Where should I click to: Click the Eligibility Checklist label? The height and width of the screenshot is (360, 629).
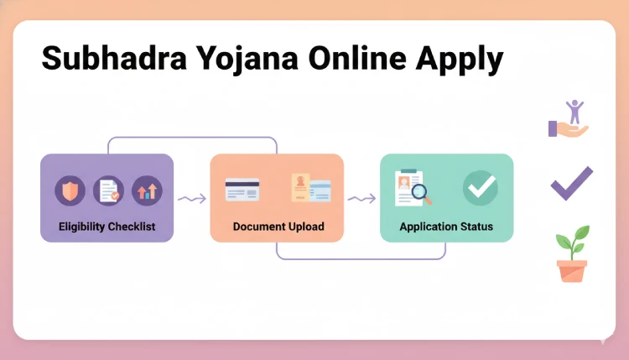[107, 227]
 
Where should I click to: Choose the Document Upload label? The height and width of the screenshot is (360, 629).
[278, 227]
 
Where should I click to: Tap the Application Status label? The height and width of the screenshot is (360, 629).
[446, 227]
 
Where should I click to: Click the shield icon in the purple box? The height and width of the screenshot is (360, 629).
[70, 190]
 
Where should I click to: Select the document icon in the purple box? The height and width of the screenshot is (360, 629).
[107, 190]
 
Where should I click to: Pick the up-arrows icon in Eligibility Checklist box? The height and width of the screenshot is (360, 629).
[146, 190]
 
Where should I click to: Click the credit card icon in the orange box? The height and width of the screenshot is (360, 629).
[242, 190]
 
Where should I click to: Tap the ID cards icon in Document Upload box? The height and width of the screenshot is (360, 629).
[310, 189]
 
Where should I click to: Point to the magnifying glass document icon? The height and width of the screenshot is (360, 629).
[413, 188]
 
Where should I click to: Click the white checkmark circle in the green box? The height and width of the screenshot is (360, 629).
[481, 188]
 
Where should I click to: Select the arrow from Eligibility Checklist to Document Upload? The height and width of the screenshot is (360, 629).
[191, 199]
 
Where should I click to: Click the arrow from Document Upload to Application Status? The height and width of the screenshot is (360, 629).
[361, 199]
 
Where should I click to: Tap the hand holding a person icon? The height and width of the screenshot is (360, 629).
[570, 118]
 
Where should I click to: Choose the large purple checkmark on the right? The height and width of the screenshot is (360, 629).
[571, 183]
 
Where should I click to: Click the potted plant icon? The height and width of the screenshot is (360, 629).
[572, 253]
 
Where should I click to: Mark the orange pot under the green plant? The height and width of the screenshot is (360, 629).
[572, 270]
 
